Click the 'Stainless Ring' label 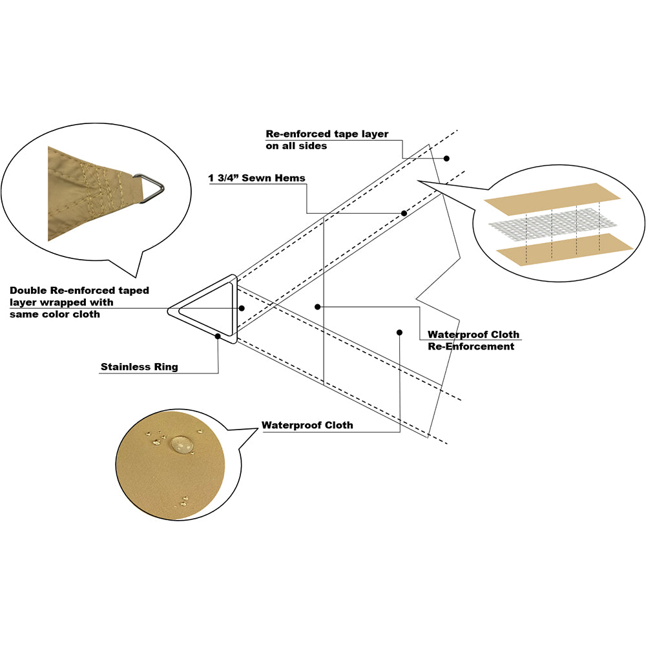point(139,368)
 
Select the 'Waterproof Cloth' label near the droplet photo point(307,425)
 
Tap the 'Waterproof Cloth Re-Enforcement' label point(473,340)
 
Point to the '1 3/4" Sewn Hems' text point(256,178)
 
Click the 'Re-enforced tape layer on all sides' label point(327,140)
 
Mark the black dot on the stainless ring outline point(218,336)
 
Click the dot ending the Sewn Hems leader point(404,213)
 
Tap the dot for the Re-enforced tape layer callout point(446,158)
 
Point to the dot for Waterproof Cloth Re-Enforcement point(317,307)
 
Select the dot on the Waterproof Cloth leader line point(399,333)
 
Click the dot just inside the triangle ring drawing point(241,308)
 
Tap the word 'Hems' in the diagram point(291,178)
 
